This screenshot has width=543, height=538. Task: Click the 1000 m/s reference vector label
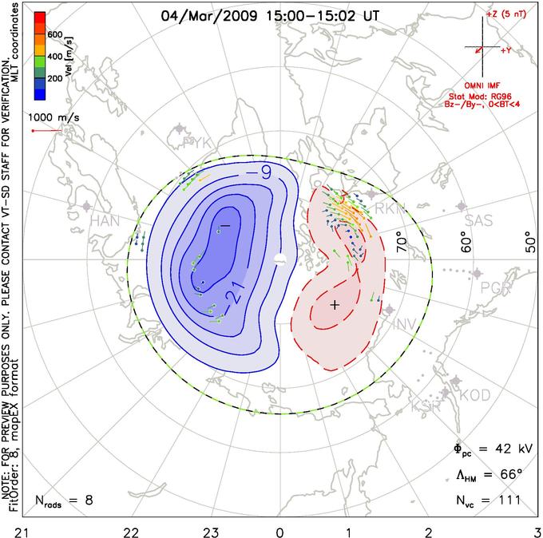tap(54, 115)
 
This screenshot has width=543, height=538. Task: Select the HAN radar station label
tap(105, 220)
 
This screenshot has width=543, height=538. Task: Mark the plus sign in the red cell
tap(335, 305)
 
